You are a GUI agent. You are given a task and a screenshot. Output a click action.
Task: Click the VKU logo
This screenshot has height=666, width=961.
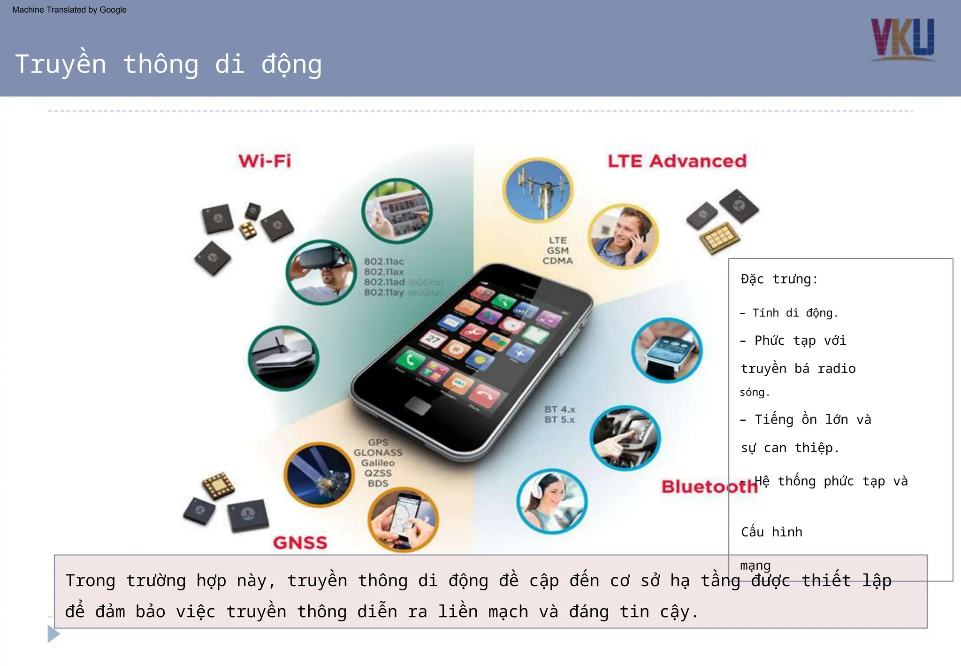(903, 39)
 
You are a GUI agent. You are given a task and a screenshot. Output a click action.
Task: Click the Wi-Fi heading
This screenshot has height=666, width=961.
(265, 161)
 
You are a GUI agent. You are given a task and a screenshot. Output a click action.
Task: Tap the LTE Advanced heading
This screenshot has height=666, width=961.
(677, 161)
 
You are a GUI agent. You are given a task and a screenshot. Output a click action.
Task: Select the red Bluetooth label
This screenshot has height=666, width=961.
(709, 487)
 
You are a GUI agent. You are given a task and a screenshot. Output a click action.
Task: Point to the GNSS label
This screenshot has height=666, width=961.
(300, 542)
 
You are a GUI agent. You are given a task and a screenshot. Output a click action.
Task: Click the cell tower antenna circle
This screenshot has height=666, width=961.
(537, 190)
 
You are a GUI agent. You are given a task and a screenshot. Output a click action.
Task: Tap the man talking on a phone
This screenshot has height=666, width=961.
(623, 236)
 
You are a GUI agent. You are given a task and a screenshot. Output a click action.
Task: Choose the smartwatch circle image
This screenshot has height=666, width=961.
(667, 350)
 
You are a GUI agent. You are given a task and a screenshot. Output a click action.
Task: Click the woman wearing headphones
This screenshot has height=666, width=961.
(551, 501)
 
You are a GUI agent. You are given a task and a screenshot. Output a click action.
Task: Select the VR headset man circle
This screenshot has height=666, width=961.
(321, 272)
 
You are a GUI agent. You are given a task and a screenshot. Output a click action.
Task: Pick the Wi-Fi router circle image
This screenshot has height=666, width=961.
(283, 358)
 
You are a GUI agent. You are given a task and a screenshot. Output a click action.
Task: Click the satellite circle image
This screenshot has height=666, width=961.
(319, 474)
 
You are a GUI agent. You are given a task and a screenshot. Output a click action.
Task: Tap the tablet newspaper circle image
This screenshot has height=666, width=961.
(397, 210)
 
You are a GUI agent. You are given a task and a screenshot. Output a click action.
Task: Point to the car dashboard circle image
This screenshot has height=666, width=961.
(625, 438)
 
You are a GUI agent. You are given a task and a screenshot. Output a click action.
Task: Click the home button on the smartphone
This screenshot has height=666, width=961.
(418, 405)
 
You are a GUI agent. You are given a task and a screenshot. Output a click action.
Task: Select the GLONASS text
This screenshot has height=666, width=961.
(378, 453)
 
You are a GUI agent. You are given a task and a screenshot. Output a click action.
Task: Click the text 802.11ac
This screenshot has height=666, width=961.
(384, 262)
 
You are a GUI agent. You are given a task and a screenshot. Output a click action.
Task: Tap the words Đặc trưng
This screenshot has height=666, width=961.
(779, 279)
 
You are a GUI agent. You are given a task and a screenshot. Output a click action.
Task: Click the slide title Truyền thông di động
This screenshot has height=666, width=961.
(168, 64)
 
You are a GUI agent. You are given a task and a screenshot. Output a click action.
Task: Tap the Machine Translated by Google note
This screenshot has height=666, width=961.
(69, 10)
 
